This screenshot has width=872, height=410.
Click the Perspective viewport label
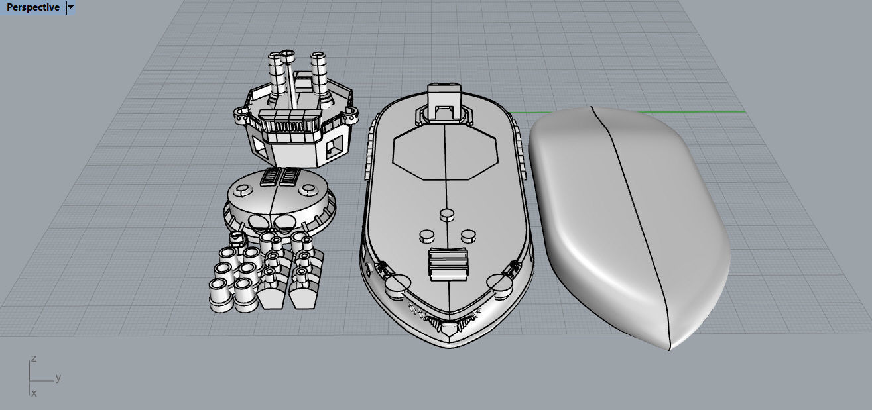tap(32, 7)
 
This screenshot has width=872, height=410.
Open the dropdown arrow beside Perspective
tap(71, 7)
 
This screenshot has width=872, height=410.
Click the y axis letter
tap(58, 378)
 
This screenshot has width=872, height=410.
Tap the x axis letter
tap(34, 393)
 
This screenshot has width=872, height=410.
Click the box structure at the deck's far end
tap(445, 102)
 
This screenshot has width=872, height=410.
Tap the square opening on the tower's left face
tap(260, 151)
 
